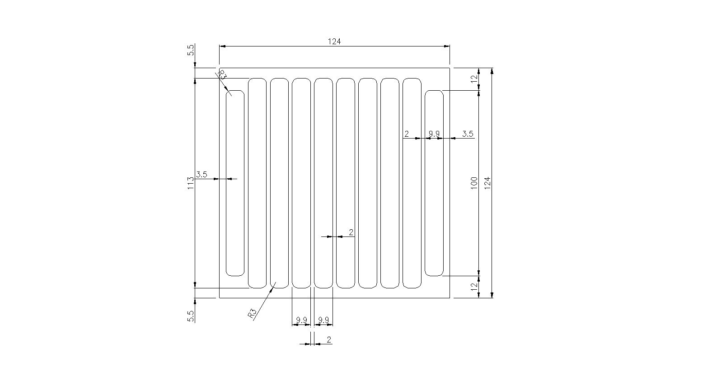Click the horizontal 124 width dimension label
334,42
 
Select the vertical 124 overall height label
487,183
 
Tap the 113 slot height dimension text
191,183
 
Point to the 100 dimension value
474,183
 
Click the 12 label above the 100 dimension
474,79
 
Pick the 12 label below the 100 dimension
474,287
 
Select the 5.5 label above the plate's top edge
191,50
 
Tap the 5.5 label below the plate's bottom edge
191,316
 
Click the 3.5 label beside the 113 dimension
201,175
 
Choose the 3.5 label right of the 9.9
468,134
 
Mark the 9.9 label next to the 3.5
434,134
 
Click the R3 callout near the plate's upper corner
222,75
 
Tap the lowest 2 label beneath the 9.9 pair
329,340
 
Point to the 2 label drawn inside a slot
351,232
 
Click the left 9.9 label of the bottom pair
301,320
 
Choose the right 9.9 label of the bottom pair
323,320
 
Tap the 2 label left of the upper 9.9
407,134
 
